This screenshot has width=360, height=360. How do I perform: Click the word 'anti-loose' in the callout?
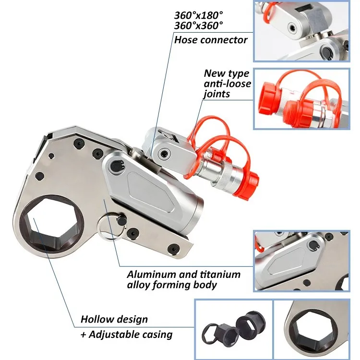click(x=226, y=84)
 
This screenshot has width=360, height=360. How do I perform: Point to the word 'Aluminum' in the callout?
click(x=147, y=275)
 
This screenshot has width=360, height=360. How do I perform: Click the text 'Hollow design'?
click(x=114, y=319)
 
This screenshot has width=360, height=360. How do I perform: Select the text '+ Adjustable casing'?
click(x=126, y=335)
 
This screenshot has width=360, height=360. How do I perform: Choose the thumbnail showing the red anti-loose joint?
click(x=301, y=99)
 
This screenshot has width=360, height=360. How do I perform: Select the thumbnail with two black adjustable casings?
click(x=233, y=329)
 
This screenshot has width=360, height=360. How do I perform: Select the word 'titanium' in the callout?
click(x=218, y=275)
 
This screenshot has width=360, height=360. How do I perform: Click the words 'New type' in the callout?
click(x=227, y=73)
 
